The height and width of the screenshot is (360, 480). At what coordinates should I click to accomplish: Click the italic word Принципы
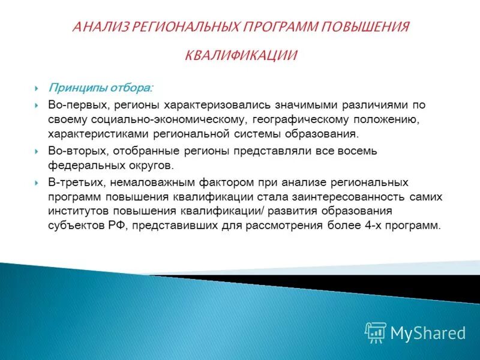[77, 88]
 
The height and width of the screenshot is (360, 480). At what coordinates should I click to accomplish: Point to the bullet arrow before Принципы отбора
[37, 89]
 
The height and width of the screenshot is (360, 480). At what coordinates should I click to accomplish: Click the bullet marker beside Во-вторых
[37, 151]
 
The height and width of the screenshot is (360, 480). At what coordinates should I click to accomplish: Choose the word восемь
[362, 151]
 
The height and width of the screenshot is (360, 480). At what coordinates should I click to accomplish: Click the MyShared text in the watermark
[428, 332]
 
